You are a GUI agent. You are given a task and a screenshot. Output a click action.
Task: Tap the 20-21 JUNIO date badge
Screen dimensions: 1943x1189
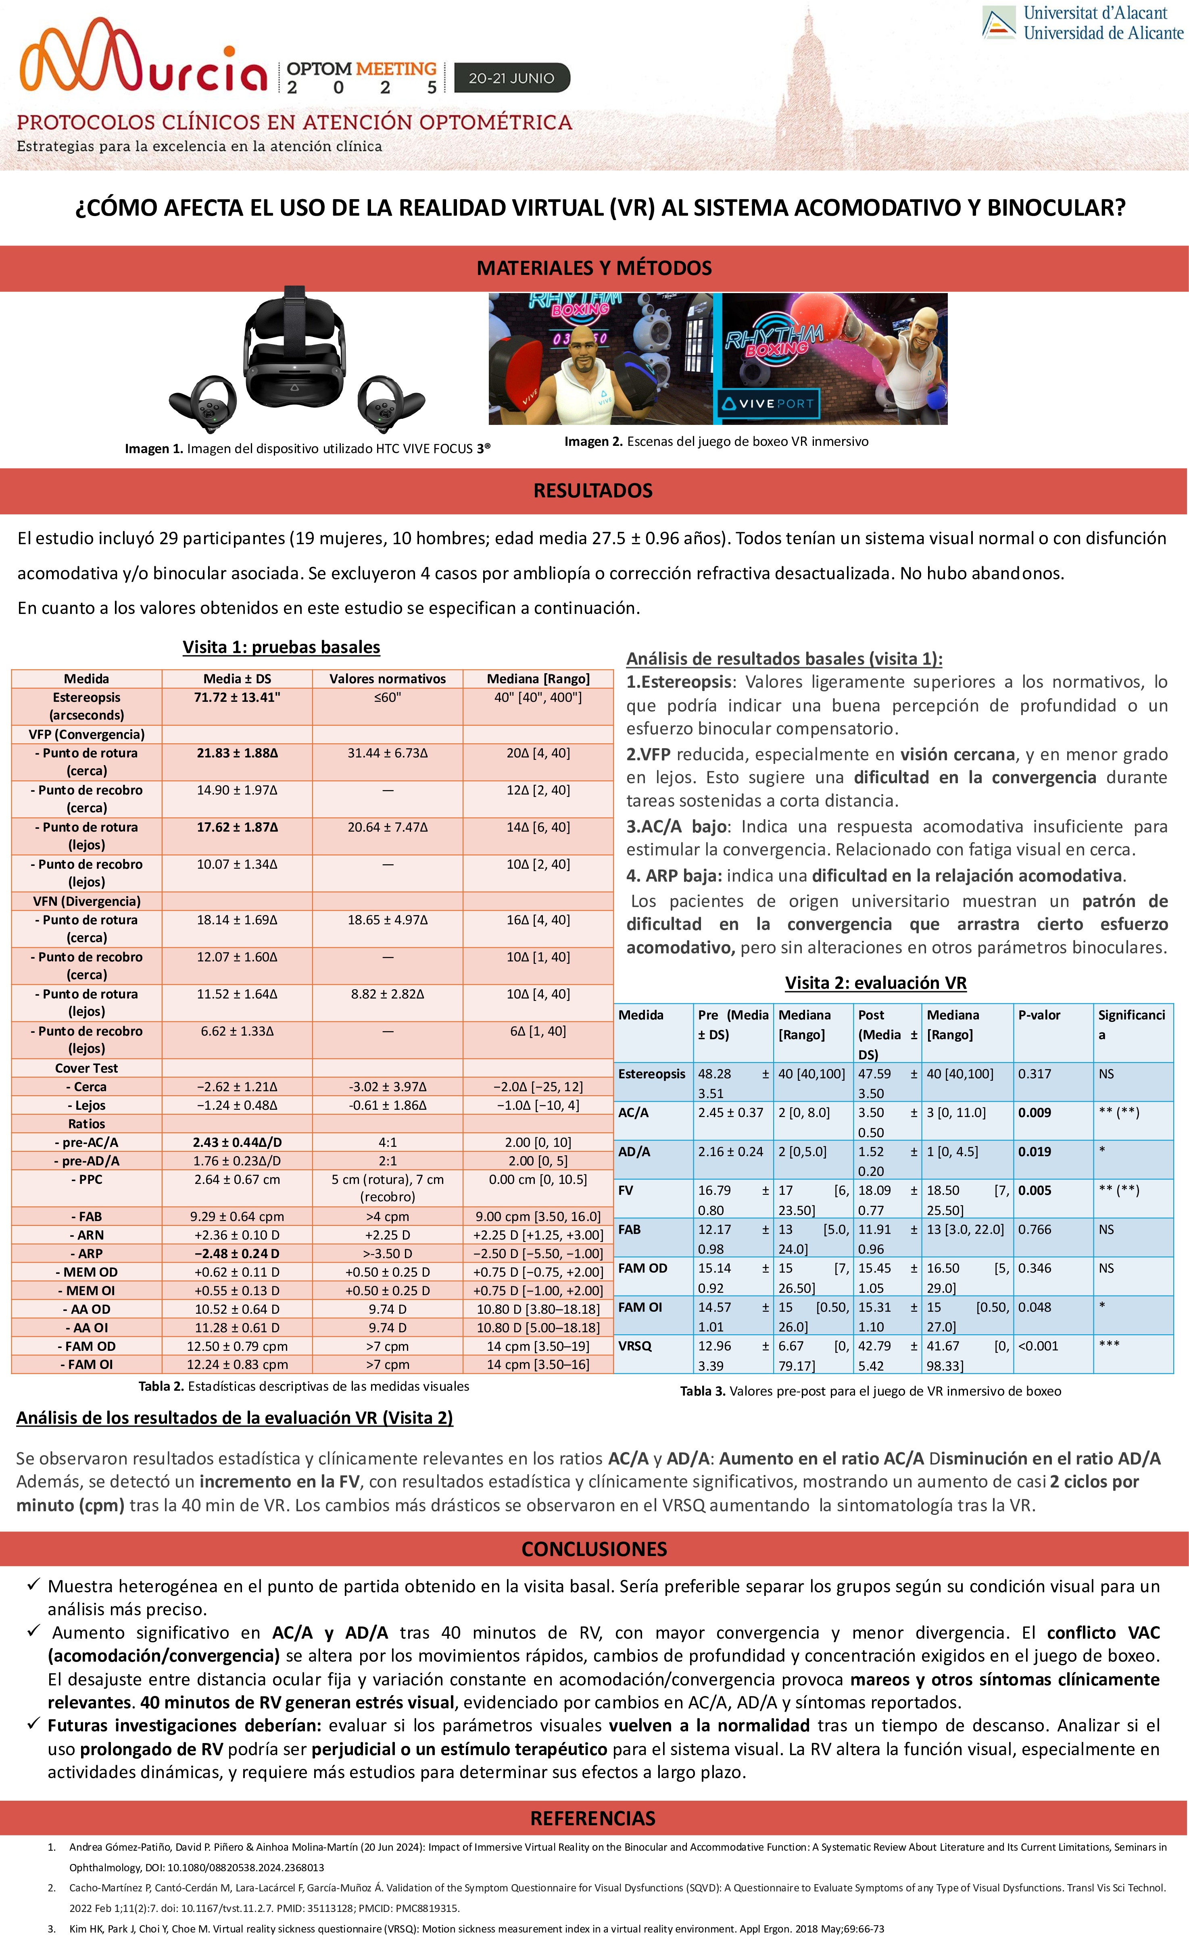(511, 78)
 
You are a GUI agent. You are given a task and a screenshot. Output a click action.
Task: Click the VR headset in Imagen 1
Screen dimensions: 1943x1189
(294, 347)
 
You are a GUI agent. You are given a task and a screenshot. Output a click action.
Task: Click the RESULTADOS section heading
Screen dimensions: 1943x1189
(593, 491)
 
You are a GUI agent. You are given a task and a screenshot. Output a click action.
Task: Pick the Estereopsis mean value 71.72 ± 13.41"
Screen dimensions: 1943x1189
(238, 697)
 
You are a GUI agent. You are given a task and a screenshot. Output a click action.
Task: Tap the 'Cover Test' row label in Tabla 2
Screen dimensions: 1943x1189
(87, 1068)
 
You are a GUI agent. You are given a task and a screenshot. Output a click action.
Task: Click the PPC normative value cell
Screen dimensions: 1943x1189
(387, 1188)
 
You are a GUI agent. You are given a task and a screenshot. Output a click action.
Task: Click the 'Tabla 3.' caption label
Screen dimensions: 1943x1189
(703, 1391)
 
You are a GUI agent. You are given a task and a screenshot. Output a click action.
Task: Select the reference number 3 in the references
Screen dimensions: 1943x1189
(52, 1929)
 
